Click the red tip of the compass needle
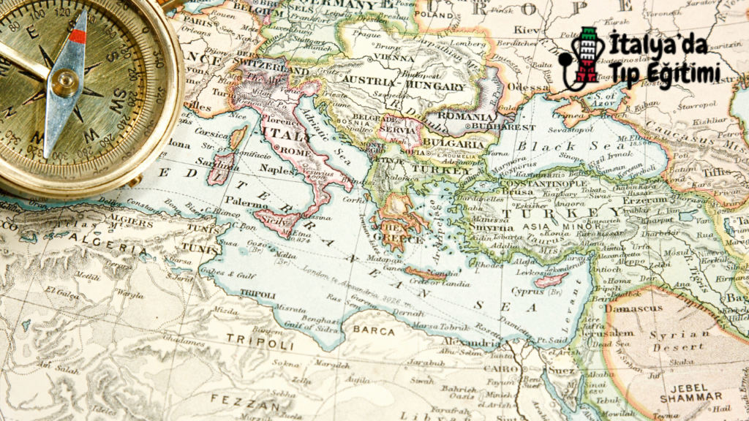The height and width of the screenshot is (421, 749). [x=78, y=36]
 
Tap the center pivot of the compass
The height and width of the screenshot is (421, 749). [x=64, y=82]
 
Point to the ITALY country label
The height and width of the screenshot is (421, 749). [x=285, y=137]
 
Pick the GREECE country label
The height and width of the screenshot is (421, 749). [x=399, y=239]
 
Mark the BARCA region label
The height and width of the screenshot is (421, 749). [x=374, y=330]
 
